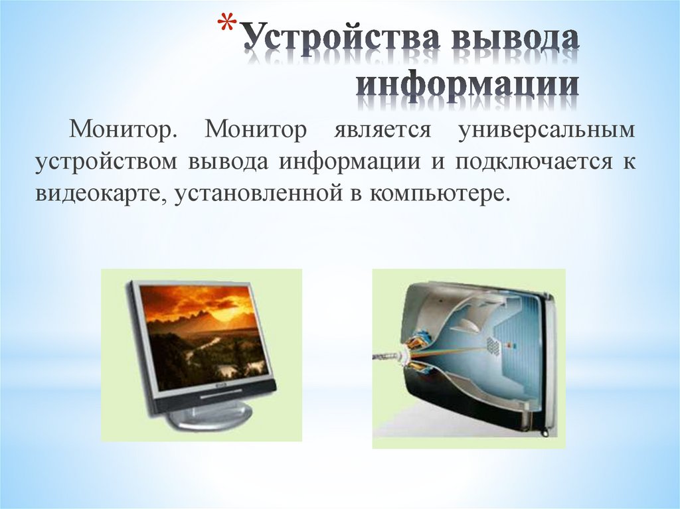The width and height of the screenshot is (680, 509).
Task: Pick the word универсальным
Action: tap(547, 130)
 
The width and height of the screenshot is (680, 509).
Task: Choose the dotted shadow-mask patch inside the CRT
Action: tap(493, 344)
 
